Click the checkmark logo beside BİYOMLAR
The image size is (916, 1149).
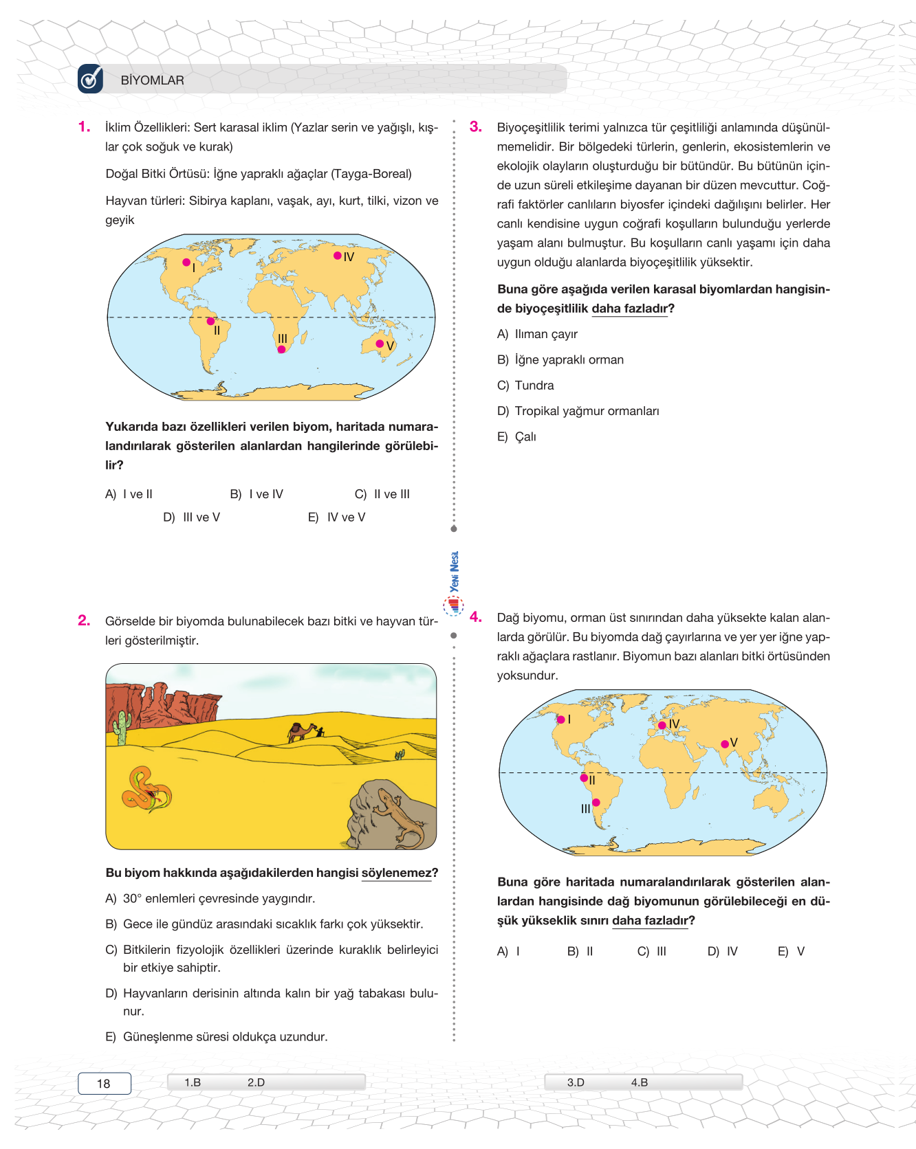[x=90, y=79]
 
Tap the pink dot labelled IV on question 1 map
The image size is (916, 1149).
[x=338, y=256]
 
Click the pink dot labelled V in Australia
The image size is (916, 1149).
[x=380, y=344]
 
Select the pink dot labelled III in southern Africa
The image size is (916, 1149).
[x=281, y=349]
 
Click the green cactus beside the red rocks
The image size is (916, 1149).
[x=122, y=727]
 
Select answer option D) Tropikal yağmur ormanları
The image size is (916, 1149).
[x=578, y=411]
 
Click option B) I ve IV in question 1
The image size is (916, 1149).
[x=257, y=494]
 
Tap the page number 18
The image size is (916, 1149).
[x=104, y=1084]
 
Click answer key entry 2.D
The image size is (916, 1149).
[x=256, y=1082]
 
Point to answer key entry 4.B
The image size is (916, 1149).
[x=639, y=1082]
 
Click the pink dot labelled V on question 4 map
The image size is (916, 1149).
[x=725, y=744]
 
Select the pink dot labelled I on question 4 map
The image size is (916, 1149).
[x=561, y=719]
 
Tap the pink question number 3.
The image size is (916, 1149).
[x=475, y=127]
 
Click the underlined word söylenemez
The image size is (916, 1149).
[x=397, y=873]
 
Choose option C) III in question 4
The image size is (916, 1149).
[x=652, y=952]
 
